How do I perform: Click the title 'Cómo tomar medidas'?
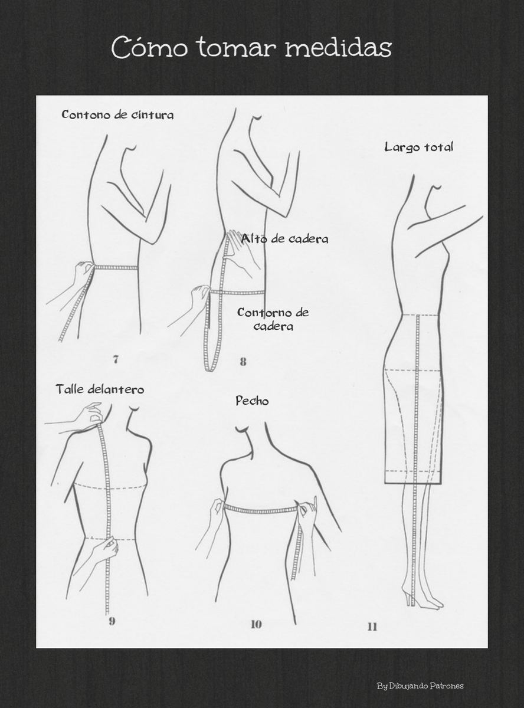[251, 48]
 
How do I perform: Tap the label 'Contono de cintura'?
[117, 114]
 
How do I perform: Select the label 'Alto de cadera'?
[284, 239]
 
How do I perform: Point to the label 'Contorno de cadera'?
[273, 319]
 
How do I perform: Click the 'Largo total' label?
[418, 147]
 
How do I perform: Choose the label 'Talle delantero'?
[100, 389]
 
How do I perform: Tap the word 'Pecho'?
[252, 401]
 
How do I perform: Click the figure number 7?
[116, 360]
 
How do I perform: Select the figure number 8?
[243, 362]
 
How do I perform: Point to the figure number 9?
[112, 621]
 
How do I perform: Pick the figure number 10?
[256, 624]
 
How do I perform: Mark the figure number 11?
[372, 627]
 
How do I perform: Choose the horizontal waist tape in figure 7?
[116, 267]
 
